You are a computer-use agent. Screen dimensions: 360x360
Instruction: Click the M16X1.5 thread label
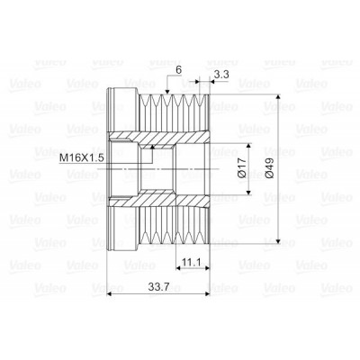(82, 157)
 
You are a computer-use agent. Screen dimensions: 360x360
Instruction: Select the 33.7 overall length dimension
(158, 287)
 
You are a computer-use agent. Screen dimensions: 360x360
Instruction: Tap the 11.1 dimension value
(191, 263)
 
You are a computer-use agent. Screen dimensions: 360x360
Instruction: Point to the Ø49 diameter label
(269, 168)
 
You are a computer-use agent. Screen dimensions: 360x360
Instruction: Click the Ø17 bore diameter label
(242, 168)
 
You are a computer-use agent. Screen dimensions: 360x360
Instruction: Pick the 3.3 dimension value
(221, 74)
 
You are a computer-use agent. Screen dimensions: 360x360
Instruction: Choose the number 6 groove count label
(179, 70)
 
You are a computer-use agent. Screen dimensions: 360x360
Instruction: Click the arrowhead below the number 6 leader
(167, 92)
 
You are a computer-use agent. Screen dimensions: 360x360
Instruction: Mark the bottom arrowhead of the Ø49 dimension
(278, 240)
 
